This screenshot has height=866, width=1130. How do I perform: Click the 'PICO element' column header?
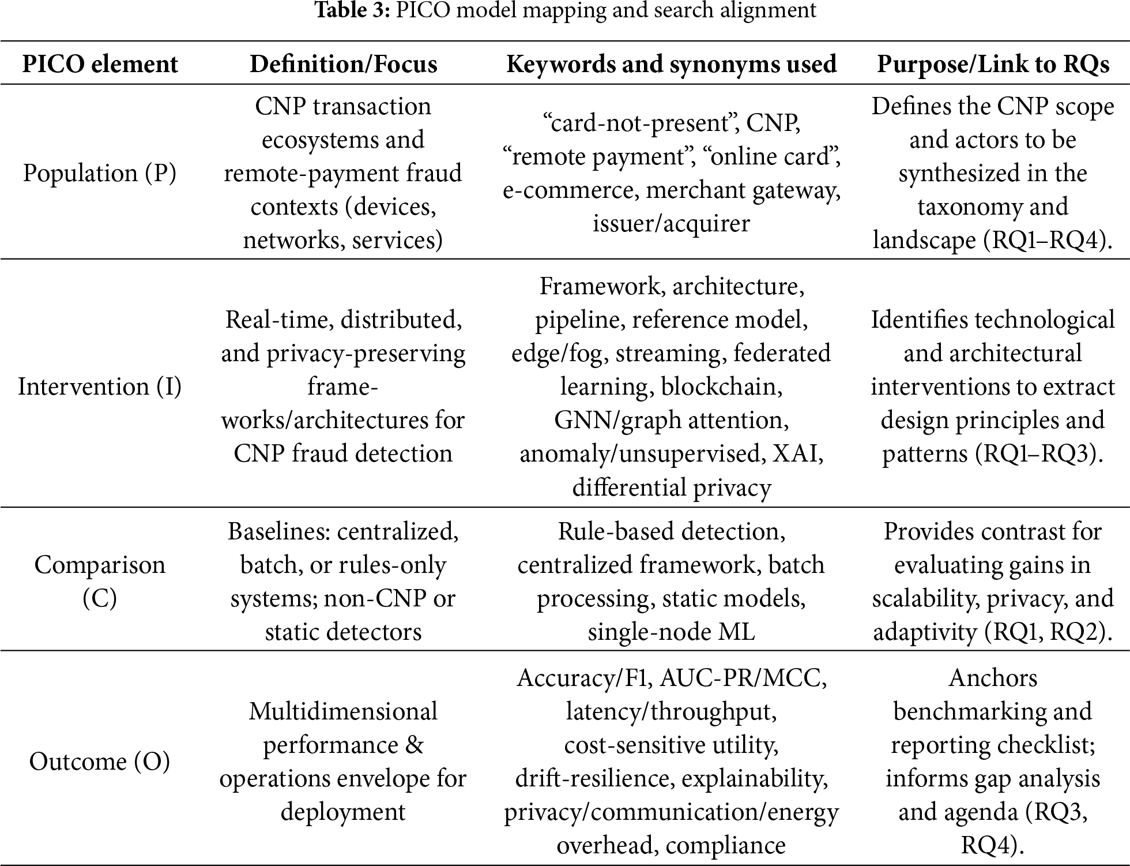(100, 63)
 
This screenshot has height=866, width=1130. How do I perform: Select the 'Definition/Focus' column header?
(343, 63)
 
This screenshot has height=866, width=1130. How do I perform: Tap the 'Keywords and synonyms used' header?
(671, 63)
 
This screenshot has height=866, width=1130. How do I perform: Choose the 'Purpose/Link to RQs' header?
(993, 63)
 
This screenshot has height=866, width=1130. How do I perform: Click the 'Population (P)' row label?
(100, 173)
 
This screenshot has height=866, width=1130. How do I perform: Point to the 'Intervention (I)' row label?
(100, 386)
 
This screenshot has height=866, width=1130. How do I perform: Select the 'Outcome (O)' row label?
(100, 762)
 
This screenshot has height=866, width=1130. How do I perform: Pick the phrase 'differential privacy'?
(671, 488)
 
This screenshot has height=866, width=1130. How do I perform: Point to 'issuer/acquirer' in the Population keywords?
(671, 223)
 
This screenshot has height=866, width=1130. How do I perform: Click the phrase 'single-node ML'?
(671, 632)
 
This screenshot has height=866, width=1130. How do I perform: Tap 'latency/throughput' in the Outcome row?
(671, 711)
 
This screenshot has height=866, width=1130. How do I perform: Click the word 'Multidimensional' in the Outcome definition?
(343, 711)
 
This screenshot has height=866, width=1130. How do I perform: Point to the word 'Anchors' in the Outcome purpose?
(993, 678)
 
